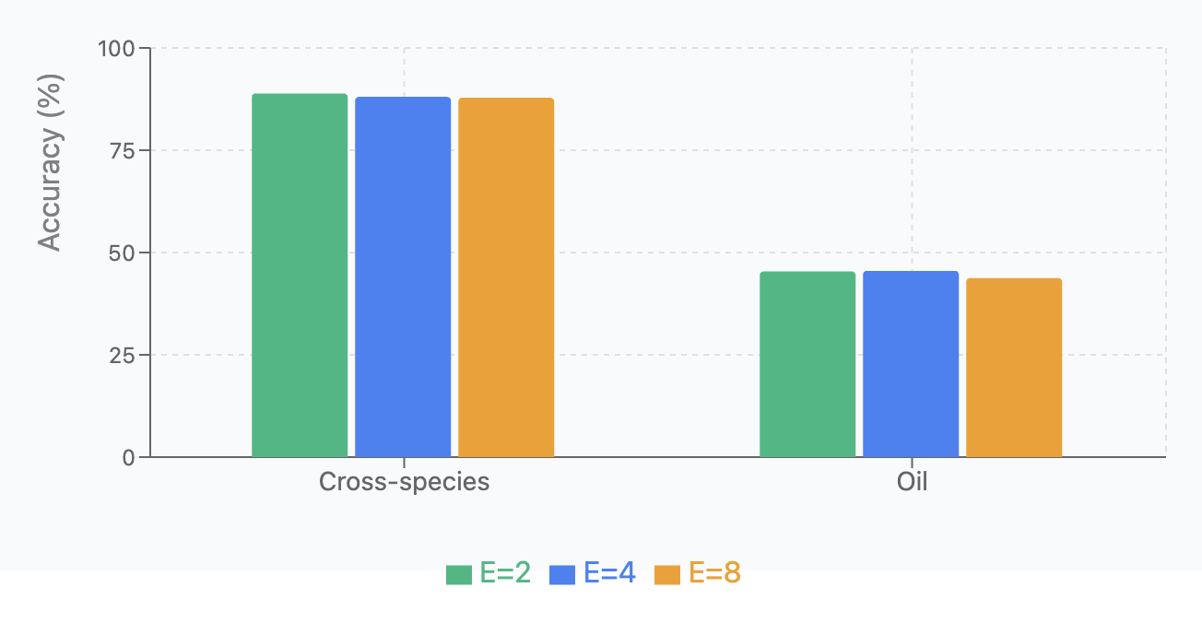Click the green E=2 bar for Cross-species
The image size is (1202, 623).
point(300,276)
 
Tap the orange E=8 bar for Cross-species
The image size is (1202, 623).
point(506,277)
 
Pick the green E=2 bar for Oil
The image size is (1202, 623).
point(807,364)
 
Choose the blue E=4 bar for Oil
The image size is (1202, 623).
point(911,364)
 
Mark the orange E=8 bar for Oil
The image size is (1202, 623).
point(1014,368)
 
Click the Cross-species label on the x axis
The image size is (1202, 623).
point(404,482)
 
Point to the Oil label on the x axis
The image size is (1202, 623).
point(912,482)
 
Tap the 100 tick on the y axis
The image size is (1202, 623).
point(116,48)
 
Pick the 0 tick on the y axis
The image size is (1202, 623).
point(129,457)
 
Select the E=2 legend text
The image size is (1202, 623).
point(505,573)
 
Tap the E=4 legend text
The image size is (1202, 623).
point(610,573)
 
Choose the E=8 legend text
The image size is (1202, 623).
point(715,573)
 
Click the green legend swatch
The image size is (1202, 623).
point(459,574)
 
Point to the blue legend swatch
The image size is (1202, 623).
point(563,574)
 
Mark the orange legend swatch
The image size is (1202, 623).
point(667,574)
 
